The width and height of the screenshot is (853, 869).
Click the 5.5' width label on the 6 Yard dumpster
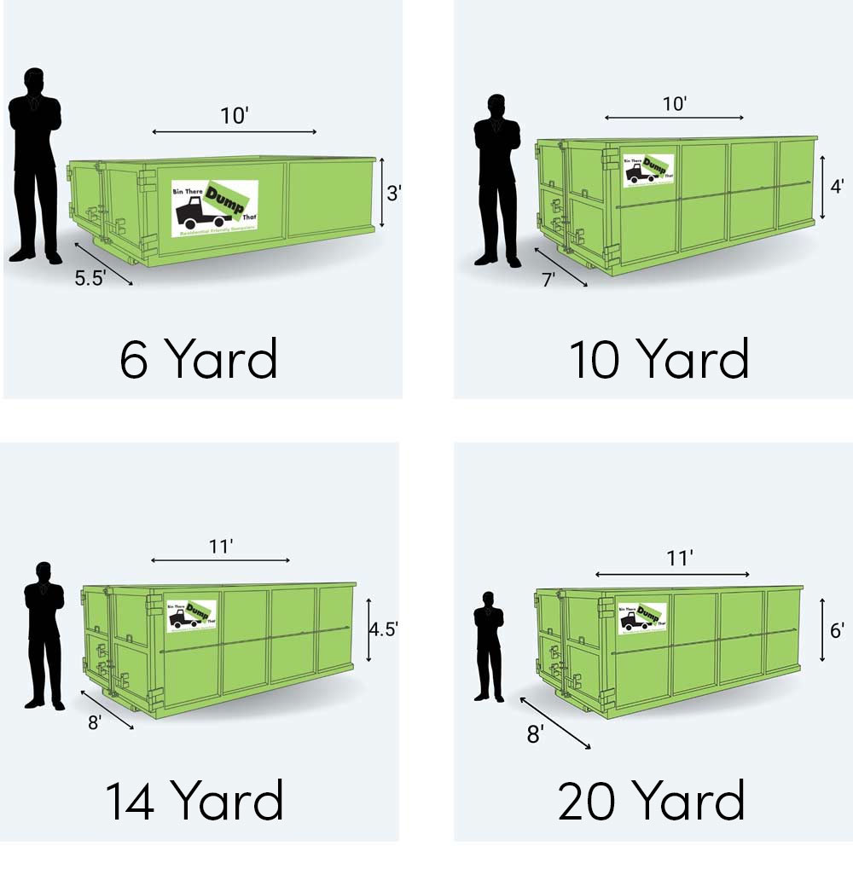[x=89, y=278]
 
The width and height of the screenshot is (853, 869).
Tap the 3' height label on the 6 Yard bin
[x=393, y=194]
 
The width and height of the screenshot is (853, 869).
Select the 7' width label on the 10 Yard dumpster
[x=549, y=280]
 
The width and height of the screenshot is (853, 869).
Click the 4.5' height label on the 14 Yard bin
[x=383, y=629]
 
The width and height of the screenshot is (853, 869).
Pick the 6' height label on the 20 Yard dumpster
[x=837, y=630]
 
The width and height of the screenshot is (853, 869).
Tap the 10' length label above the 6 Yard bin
[x=234, y=116]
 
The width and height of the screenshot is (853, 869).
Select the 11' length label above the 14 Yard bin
[x=221, y=547]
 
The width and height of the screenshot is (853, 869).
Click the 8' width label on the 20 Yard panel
[x=535, y=734]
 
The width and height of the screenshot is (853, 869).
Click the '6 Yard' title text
[x=199, y=359]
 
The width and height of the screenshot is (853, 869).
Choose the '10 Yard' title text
[x=659, y=359]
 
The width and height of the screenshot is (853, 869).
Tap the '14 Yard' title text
[x=194, y=801]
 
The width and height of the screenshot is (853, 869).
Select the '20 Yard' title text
[x=652, y=801]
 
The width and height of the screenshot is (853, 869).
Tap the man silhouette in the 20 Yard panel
[x=489, y=646]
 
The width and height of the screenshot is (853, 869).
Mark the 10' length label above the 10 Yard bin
[x=674, y=103]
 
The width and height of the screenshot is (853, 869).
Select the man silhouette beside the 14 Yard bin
[x=44, y=634]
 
